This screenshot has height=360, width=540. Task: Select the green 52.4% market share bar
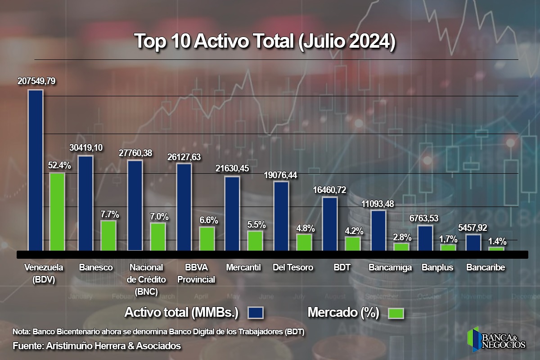click(x=57, y=211)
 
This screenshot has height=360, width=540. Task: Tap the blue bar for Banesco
click(x=85, y=203)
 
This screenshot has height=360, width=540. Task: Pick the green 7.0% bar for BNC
click(x=157, y=237)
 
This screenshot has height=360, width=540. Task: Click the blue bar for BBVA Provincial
click(x=184, y=207)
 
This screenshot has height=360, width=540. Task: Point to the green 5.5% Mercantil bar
click(x=255, y=241)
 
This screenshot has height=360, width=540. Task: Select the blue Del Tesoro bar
click(x=281, y=216)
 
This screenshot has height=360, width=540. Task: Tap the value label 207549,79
click(x=36, y=82)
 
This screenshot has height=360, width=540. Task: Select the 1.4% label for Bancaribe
click(x=497, y=241)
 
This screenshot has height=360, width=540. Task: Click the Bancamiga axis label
click(x=390, y=268)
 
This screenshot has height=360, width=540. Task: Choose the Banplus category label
click(x=437, y=268)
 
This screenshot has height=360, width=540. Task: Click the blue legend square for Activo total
click(x=255, y=313)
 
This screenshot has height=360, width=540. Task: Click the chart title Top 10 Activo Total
click(x=265, y=41)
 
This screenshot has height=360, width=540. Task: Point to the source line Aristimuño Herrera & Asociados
click(x=97, y=346)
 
